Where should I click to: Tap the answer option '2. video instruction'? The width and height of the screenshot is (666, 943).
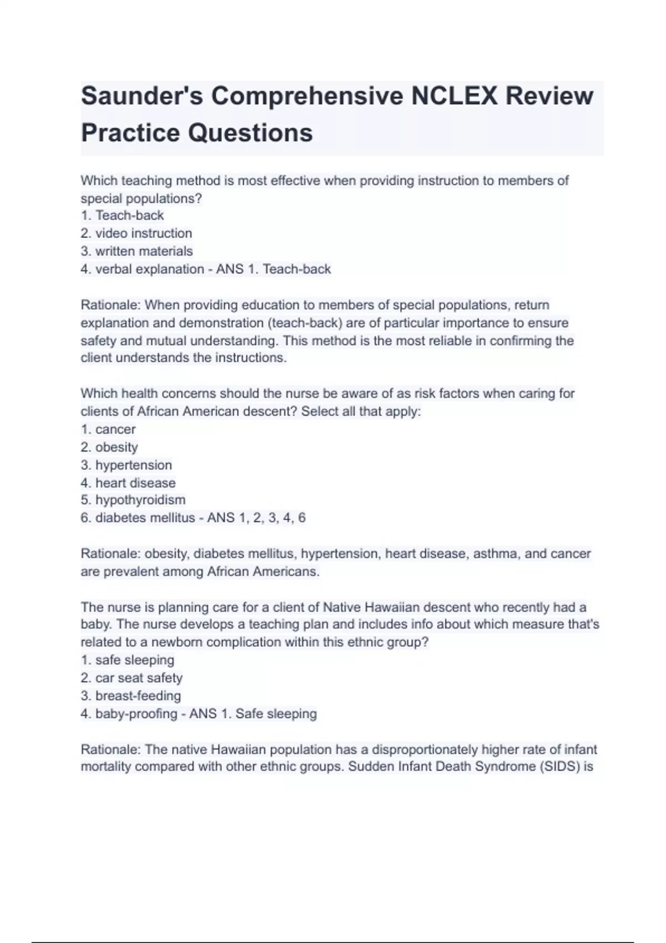[x=137, y=234]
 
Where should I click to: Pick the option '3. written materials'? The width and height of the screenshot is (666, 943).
[x=137, y=251]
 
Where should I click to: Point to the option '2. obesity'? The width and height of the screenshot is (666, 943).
[x=109, y=447]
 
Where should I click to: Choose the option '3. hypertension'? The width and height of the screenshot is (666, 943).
[x=127, y=465]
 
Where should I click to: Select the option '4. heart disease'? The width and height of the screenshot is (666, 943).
[x=128, y=483]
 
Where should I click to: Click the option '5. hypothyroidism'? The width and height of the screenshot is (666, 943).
[x=133, y=500]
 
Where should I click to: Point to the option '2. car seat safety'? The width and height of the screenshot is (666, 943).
[x=132, y=678]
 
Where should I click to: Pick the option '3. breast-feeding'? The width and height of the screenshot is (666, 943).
[x=131, y=696]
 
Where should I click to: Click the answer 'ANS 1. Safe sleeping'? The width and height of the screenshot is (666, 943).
[x=253, y=713]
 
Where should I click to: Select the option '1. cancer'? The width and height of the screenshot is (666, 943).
[x=108, y=429]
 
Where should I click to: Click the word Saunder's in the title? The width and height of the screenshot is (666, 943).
[x=142, y=96]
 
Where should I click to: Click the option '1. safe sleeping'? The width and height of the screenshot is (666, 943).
[x=128, y=660]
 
